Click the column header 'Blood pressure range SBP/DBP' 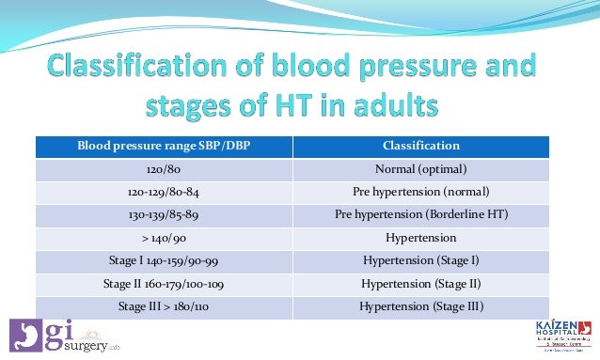click(x=165, y=146)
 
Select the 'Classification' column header click(x=421, y=146)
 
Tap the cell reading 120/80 click(x=165, y=169)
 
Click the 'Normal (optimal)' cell click(x=421, y=169)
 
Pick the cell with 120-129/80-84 click(x=165, y=192)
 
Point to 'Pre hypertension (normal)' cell click(x=421, y=192)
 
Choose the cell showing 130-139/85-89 click(x=165, y=214)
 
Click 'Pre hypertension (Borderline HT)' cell click(x=421, y=214)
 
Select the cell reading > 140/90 click(x=165, y=238)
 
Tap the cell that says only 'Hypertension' click(x=421, y=238)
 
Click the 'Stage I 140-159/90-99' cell click(x=165, y=260)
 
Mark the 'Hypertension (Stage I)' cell click(x=421, y=260)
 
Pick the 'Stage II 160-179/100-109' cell click(x=165, y=283)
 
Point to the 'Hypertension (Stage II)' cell click(x=421, y=283)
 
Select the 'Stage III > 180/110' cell click(x=165, y=306)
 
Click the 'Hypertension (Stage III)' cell click(x=421, y=306)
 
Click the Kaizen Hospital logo click(x=561, y=336)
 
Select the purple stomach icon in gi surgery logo click(x=24, y=337)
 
